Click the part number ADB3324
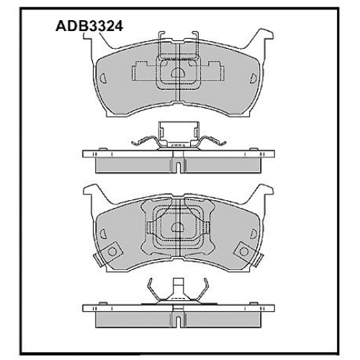(89, 26)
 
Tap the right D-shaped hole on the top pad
(253, 78)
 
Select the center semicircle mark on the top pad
(178, 73)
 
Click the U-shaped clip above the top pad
(178, 45)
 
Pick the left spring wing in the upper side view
(144, 141)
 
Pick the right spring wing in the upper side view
(213, 141)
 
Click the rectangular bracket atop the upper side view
(179, 133)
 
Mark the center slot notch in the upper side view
(178, 166)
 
